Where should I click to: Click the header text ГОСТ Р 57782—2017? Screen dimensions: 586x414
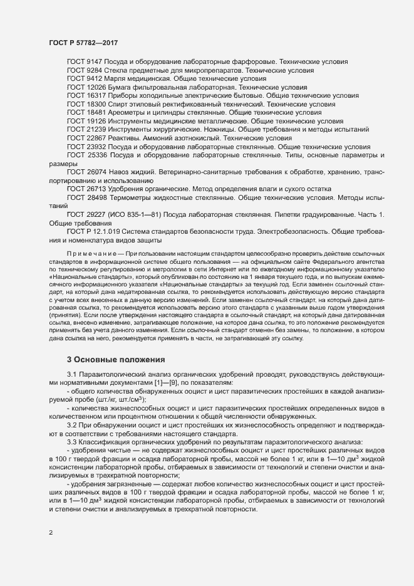tap(83, 43)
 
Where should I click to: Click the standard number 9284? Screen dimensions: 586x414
tap(95, 71)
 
